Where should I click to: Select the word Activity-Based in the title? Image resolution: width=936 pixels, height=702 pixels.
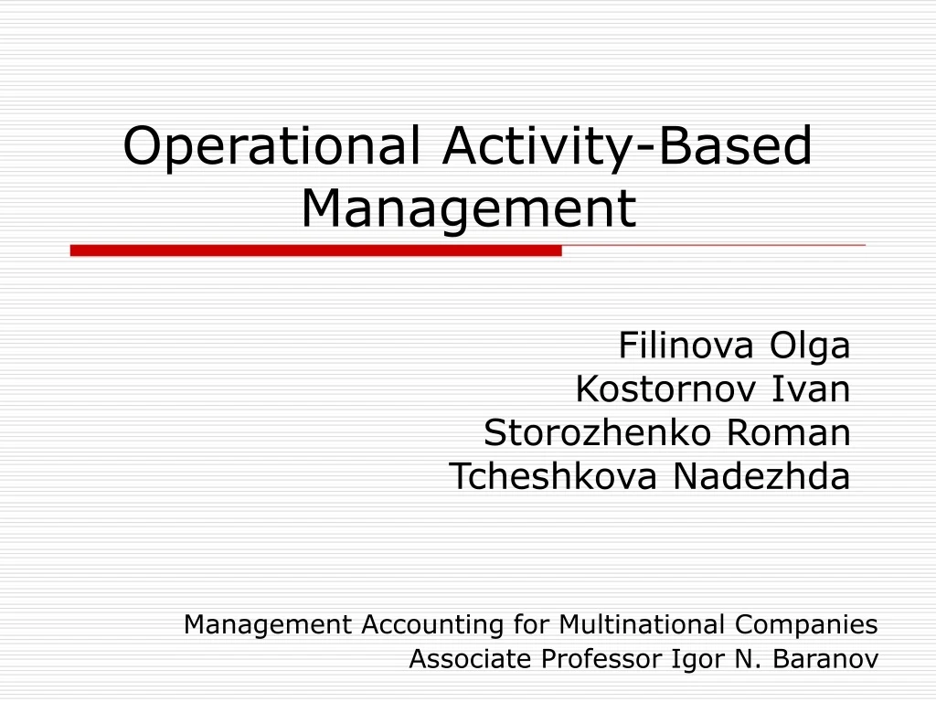pyautogui.click(x=627, y=146)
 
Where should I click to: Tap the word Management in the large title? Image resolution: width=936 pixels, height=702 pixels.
pyautogui.click(x=468, y=208)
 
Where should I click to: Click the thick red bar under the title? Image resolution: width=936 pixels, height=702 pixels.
pyautogui.click(x=315, y=250)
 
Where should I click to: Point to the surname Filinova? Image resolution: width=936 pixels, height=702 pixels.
pyautogui.click(x=687, y=346)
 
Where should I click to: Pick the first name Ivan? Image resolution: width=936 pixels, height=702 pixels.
pyautogui.click(x=812, y=389)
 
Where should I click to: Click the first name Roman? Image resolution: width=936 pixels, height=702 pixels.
pyautogui.click(x=788, y=432)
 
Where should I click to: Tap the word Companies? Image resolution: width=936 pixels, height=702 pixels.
pyautogui.click(x=806, y=625)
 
